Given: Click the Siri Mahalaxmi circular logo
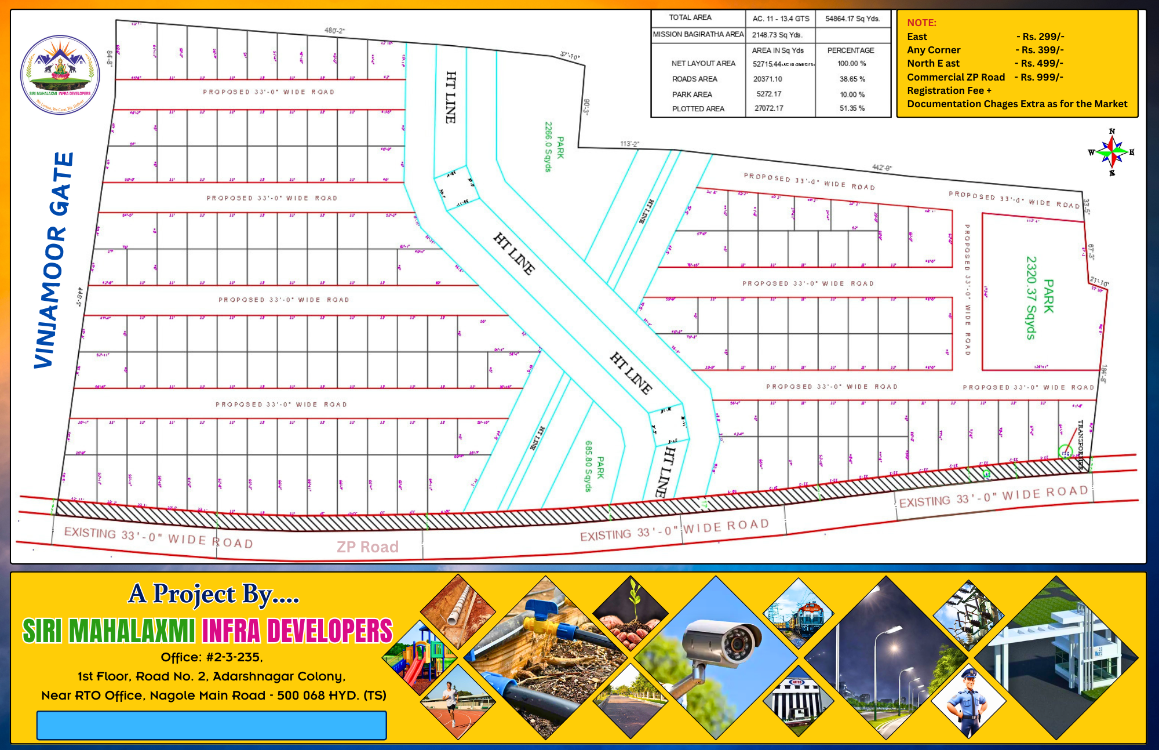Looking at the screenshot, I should [x=60, y=75].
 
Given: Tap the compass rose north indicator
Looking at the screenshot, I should [x=1111, y=133].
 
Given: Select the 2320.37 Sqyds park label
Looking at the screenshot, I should [x=1040, y=297].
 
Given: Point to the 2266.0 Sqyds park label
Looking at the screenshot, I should [x=554, y=147].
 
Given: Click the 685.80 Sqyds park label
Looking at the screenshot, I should [x=594, y=467].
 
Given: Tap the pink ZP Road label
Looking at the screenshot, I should [x=367, y=547].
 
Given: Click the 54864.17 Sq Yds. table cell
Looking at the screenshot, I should [x=852, y=19].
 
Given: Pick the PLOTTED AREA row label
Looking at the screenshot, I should [x=698, y=108].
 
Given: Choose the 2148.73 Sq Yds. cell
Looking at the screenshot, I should [x=777, y=35].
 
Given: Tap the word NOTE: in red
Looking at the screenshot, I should [x=921, y=23].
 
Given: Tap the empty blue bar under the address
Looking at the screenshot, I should [x=212, y=725].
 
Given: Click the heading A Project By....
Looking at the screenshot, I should [x=213, y=594].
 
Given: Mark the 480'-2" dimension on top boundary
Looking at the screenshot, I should [x=334, y=30].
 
